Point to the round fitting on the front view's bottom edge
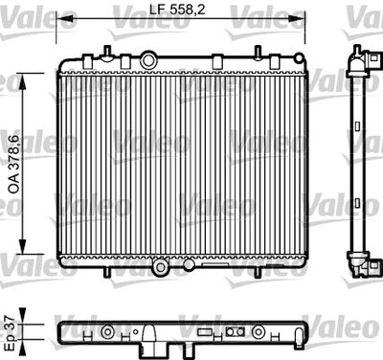[x=162, y=265]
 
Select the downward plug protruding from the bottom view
[x=152, y=340]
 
